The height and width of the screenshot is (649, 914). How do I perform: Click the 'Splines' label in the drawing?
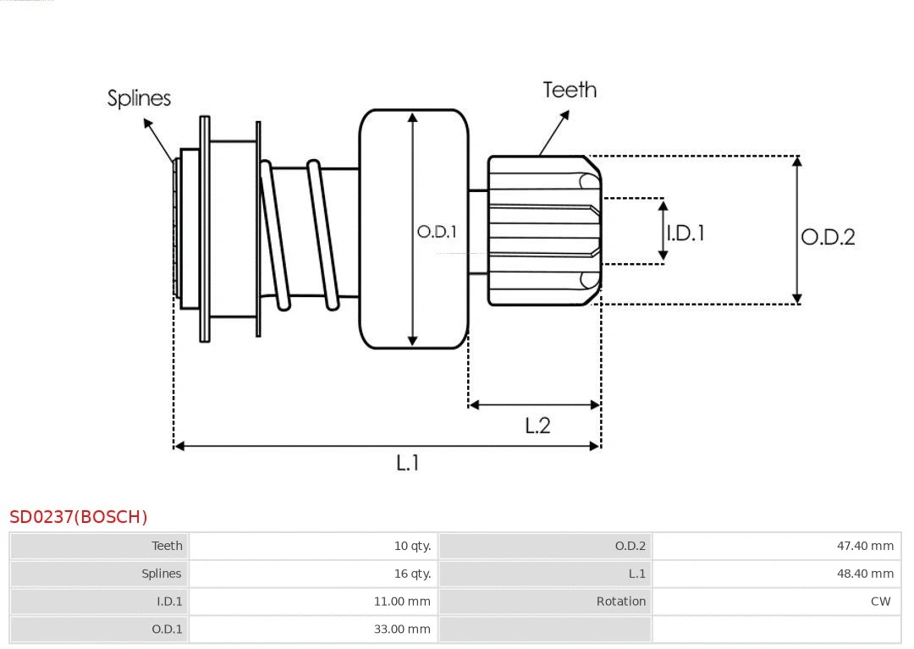(x=139, y=98)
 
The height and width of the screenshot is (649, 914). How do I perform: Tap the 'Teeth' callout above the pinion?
(x=569, y=90)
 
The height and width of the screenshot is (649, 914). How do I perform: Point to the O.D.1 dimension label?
(x=437, y=231)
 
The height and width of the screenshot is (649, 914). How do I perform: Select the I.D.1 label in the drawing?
(x=685, y=233)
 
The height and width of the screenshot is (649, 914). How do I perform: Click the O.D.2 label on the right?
(x=828, y=237)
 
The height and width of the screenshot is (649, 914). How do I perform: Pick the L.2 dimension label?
(x=537, y=426)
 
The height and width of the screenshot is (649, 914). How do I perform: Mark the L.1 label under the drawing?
(x=408, y=463)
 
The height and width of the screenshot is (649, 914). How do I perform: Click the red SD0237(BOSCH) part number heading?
(x=79, y=517)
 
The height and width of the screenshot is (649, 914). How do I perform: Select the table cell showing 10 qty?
(x=412, y=546)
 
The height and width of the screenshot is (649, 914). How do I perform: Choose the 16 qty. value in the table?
(x=412, y=574)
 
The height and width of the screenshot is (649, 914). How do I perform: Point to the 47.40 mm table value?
(x=865, y=546)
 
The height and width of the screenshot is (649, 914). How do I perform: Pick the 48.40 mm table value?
(x=865, y=574)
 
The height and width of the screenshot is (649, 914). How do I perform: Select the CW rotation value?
(x=880, y=602)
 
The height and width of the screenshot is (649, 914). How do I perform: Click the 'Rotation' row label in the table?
(x=620, y=602)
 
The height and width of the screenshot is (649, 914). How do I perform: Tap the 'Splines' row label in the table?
(x=161, y=574)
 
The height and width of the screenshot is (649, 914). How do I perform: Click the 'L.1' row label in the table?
(x=636, y=574)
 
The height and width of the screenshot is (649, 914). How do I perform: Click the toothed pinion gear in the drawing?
(x=543, y=230)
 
